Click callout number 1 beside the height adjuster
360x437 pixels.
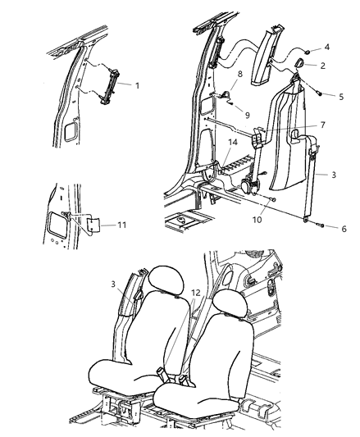tap(137, 85)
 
